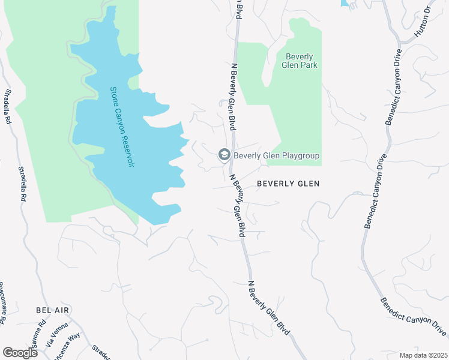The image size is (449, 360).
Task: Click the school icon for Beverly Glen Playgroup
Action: (224, 155)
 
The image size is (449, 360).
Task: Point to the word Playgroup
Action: (298, 156)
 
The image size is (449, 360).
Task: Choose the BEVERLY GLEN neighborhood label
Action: (288, 184)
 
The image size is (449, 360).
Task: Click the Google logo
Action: (20, 353)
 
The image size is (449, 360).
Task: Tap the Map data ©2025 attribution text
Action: (424, 355)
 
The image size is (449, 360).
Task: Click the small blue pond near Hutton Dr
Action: (346, 3)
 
